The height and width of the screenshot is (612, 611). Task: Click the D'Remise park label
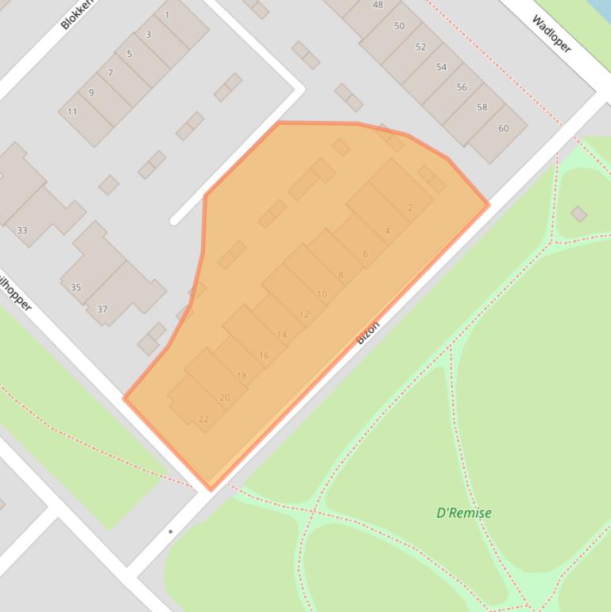click(x=464, y=513)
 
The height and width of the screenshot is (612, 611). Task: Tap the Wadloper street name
click(x=551, y=33)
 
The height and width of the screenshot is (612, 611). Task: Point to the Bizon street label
click(x=368, y=331)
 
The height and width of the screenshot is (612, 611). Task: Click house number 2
click(x=410, y=208)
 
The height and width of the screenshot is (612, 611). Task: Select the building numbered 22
click(x=203, y=419)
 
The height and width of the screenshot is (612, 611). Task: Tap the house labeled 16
click(x=264, y=355)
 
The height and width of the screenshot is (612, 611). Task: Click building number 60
click(x=503, y=129)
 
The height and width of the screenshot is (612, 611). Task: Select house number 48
click(x=378, y=6)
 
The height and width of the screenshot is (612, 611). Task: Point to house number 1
click(x=167, y=15)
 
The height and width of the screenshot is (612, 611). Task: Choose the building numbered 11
click(x=72, y=112)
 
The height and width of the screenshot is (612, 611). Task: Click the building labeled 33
click(x=22, y=230)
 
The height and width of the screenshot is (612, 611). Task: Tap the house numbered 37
click(x=102, y=309)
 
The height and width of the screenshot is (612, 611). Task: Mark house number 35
click(x=76, y=287)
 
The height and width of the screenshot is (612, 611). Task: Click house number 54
click(x=441, y=68)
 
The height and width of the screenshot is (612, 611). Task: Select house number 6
click(x=365, y=254)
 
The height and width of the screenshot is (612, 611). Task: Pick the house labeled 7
click(x=110, y=73)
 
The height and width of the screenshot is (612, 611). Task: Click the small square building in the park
click(x=578, y=214)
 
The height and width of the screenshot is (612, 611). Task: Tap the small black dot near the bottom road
click(x=170, y=532)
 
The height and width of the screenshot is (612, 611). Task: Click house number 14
click(x=282, y=335)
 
